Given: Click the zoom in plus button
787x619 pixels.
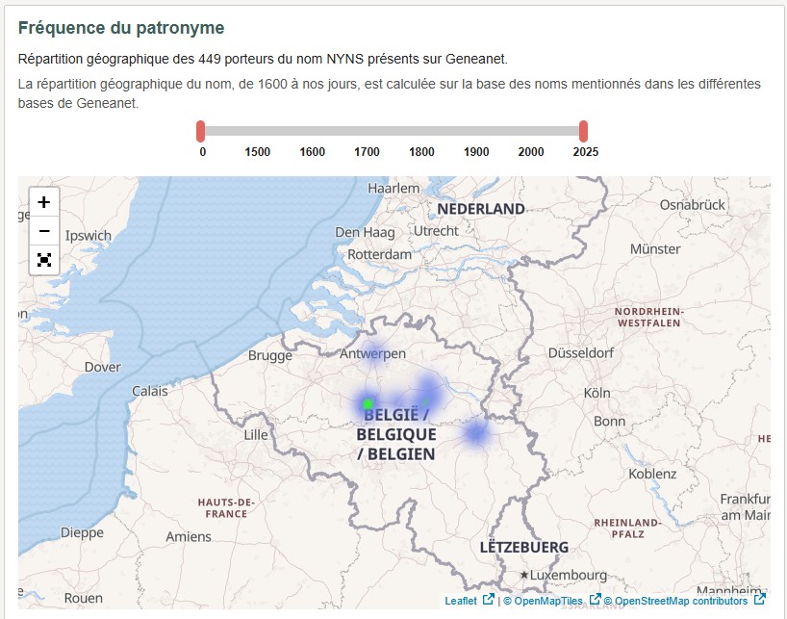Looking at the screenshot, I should click(44, 202).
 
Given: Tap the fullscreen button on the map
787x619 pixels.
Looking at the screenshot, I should click(44, 260).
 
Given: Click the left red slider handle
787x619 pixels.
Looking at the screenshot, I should click(201, 131).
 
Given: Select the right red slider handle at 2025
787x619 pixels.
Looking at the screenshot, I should click(584, 131).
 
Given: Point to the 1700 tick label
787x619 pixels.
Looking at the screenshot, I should click(367, 152).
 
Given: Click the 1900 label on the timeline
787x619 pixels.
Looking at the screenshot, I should click(476, 152).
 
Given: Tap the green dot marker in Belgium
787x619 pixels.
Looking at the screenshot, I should click(368, 403).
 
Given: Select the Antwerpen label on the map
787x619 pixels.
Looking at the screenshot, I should click(373, 353).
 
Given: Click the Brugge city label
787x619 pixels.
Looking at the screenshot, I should click(270, 355).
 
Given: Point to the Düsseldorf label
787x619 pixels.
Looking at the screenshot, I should click(581, 352).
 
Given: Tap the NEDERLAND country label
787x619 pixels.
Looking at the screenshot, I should click(481, 208).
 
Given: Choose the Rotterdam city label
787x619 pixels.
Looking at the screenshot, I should click(379, 254).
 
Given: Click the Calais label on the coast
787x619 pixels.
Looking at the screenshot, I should click(149, 391).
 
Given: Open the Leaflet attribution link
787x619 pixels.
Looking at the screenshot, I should click(461, 601).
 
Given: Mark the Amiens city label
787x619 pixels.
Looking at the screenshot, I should click(188, 536).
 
